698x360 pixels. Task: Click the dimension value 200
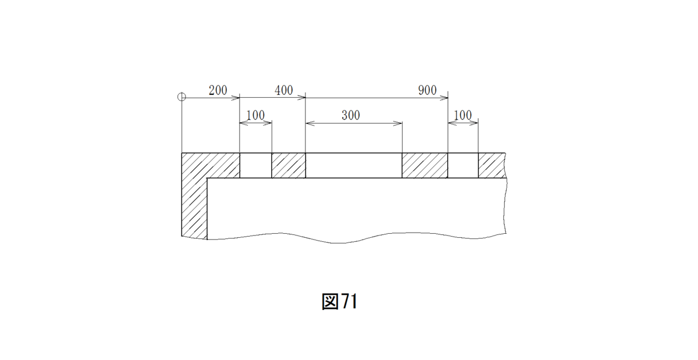[x=218, y=90]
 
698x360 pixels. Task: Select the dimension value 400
[x=284, y=90]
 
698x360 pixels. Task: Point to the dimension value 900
[x=427, y=90]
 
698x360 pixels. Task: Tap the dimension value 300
[x=351, y=115]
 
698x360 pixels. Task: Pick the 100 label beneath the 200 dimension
[x=255, y=115]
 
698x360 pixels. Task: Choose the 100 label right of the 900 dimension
[x=463, y=115]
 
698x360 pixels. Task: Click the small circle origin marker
[x=181, y=97]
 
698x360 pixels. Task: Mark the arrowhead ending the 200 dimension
[x=235, y=98]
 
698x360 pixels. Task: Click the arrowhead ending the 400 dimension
[x=301, y=98]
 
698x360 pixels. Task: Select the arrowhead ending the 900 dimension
[x=444, y=98]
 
